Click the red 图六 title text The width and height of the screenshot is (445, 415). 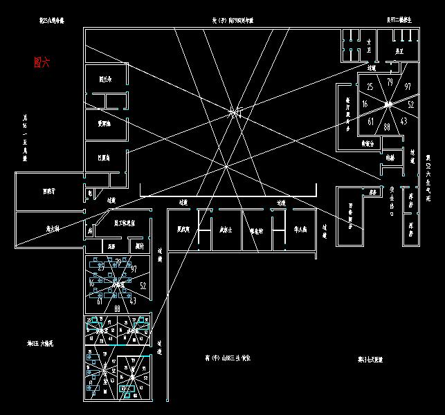42,62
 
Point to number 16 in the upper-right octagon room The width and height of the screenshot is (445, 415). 365,104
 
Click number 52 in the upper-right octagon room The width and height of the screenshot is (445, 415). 410,105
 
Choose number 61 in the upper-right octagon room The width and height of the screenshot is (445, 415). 371,122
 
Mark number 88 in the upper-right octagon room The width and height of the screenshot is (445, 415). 387,127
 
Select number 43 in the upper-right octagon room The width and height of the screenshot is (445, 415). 403,122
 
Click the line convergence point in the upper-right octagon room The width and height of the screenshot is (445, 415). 388,104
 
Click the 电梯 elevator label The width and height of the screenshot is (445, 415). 390,158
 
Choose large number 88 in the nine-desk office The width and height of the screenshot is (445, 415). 118,308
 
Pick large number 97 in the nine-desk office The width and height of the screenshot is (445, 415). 134,268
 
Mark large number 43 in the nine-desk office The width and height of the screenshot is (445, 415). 131,300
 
